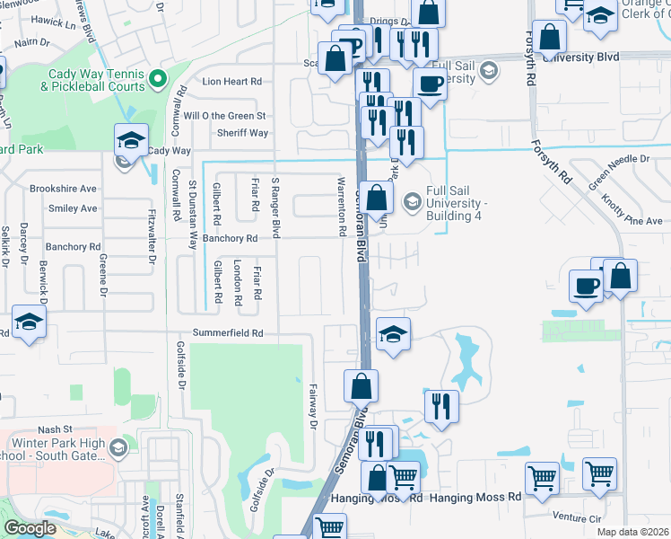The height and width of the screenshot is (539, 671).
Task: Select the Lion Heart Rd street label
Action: (231, 81)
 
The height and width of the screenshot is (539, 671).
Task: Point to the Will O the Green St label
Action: (224, 116)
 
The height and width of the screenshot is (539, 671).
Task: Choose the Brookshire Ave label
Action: (63, 189)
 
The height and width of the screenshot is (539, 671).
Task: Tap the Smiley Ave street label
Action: (74, 208)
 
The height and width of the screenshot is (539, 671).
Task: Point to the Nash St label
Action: (55, 405)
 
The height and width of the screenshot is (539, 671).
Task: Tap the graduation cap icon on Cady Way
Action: (131, 140)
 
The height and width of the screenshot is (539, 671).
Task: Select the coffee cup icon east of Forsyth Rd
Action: (587, 287)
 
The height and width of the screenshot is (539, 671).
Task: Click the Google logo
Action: (30, 528)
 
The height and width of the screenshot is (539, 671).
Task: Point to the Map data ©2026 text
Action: (632, 532)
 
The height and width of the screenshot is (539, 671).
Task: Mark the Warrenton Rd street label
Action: (342, 207)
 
